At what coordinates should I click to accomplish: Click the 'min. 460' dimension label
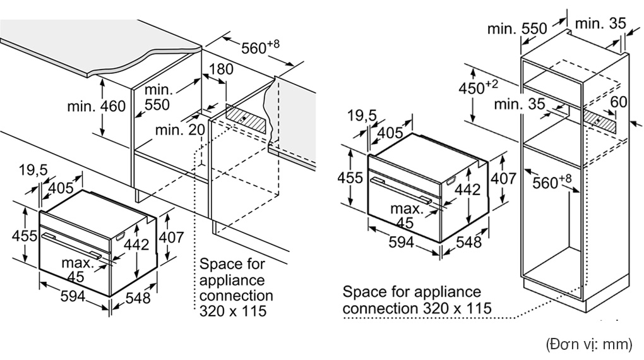pos(97,106)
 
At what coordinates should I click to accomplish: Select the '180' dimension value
pos(221,69)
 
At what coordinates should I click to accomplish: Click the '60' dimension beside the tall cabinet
pos(619,102)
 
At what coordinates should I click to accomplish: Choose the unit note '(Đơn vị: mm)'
pos(588,344)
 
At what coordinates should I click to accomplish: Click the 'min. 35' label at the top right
pos(600,23)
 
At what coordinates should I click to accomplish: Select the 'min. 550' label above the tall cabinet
pos(517,28)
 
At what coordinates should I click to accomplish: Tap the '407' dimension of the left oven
pos(170,237)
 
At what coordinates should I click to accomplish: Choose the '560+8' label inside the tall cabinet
pos(551,183)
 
